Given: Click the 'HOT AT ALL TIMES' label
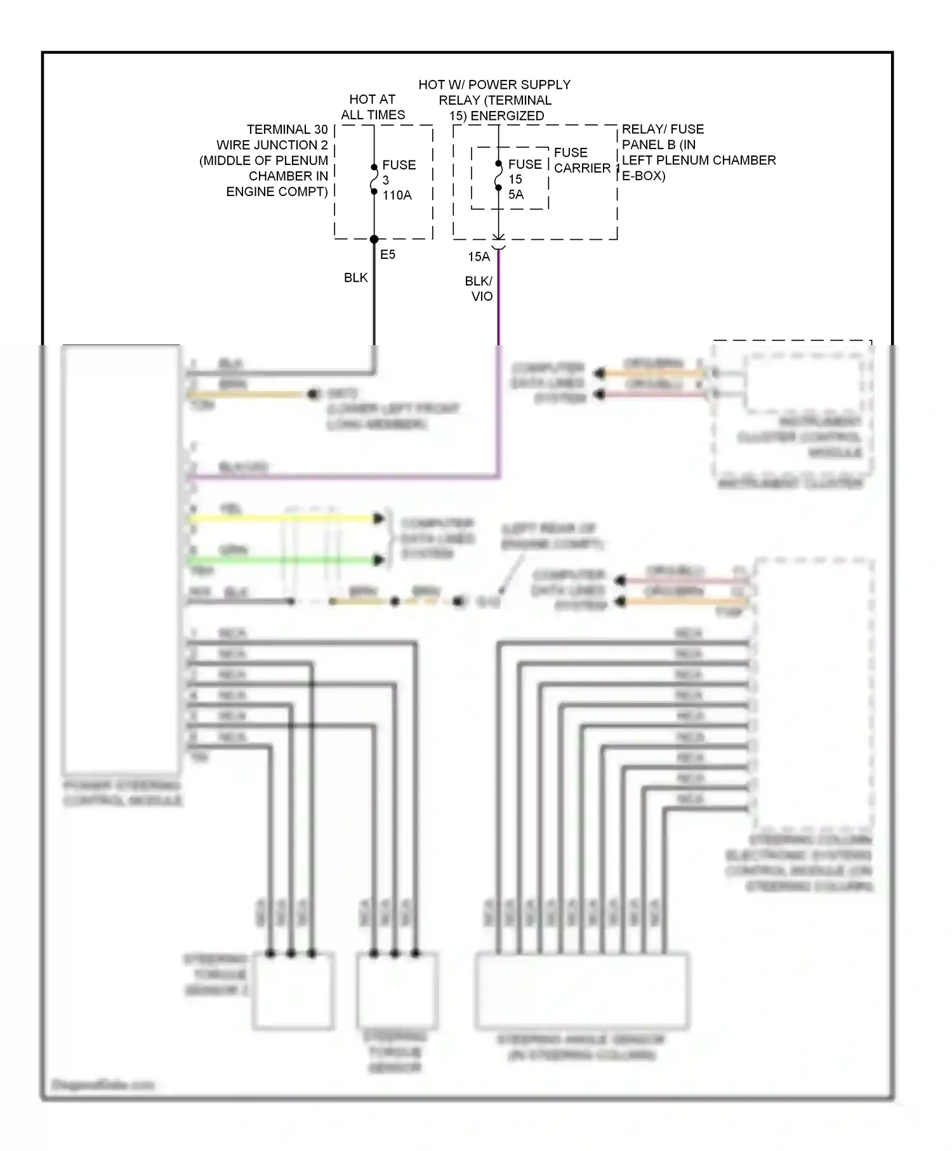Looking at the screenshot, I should [373, 107].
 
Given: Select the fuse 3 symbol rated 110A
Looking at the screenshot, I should [374, 180].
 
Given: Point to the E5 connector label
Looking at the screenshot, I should [387, 254].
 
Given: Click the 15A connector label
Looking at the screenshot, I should [479, 257].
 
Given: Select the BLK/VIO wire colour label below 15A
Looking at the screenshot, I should [479, 289].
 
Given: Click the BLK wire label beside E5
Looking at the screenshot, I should [355, 277].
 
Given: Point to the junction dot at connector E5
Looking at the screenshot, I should [374, 239].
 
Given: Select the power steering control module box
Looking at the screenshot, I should [121, 558].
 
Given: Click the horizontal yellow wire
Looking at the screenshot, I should [286, 519].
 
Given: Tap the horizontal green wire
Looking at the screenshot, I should [286, 560].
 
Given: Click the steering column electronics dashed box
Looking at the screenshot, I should [814, 692].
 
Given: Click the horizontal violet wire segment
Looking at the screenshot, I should [343, 476].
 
